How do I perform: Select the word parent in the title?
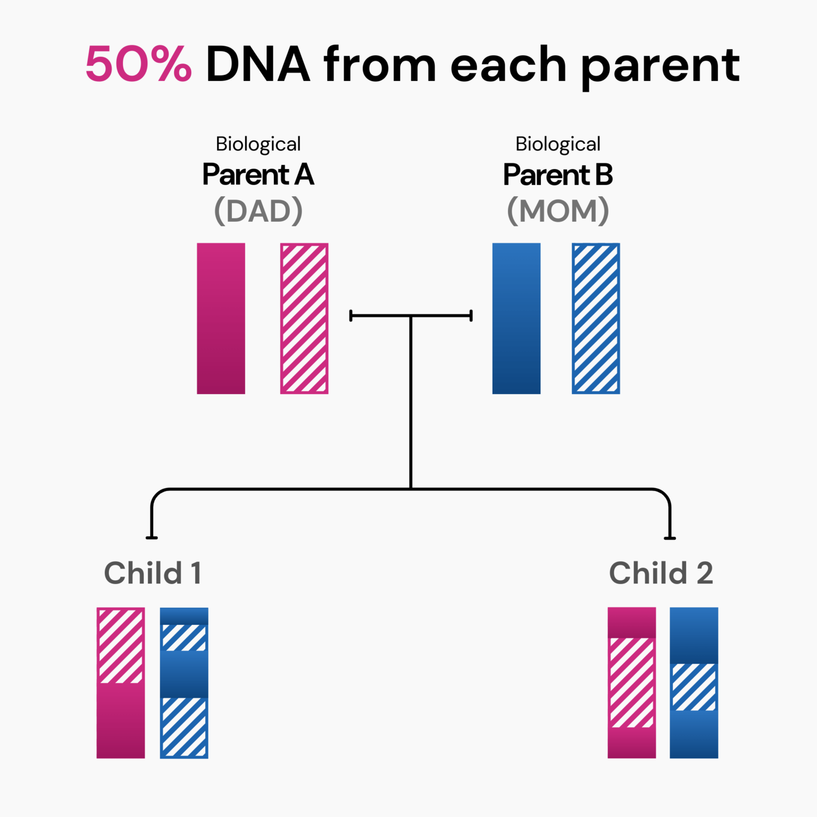click(x=660, y=66)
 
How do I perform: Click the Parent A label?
click(x=259, y=174)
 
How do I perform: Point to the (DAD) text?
click(x=259, y=211)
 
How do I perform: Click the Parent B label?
click(x=558, y=174)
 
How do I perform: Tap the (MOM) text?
click(x=558, y=211)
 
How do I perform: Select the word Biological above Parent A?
click(x=259, y=144)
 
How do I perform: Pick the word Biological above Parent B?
click(x=558, y=144)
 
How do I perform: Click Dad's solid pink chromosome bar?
click(x=221, y=318)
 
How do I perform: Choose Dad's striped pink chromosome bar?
click(x=304, y=318)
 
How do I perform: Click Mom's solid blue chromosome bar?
click(x=516, y=318)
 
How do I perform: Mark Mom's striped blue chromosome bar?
click(x=596, y=318)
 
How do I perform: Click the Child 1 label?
click(x=153, y=573)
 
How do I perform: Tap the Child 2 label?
click(x=661, y=573)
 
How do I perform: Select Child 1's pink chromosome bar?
click(x=120, y=682)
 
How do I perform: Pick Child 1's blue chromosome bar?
click(x=184, y=682)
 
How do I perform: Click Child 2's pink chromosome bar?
click(x=631, y=682)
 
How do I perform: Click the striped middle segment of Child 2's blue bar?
click(x=694, y=687)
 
